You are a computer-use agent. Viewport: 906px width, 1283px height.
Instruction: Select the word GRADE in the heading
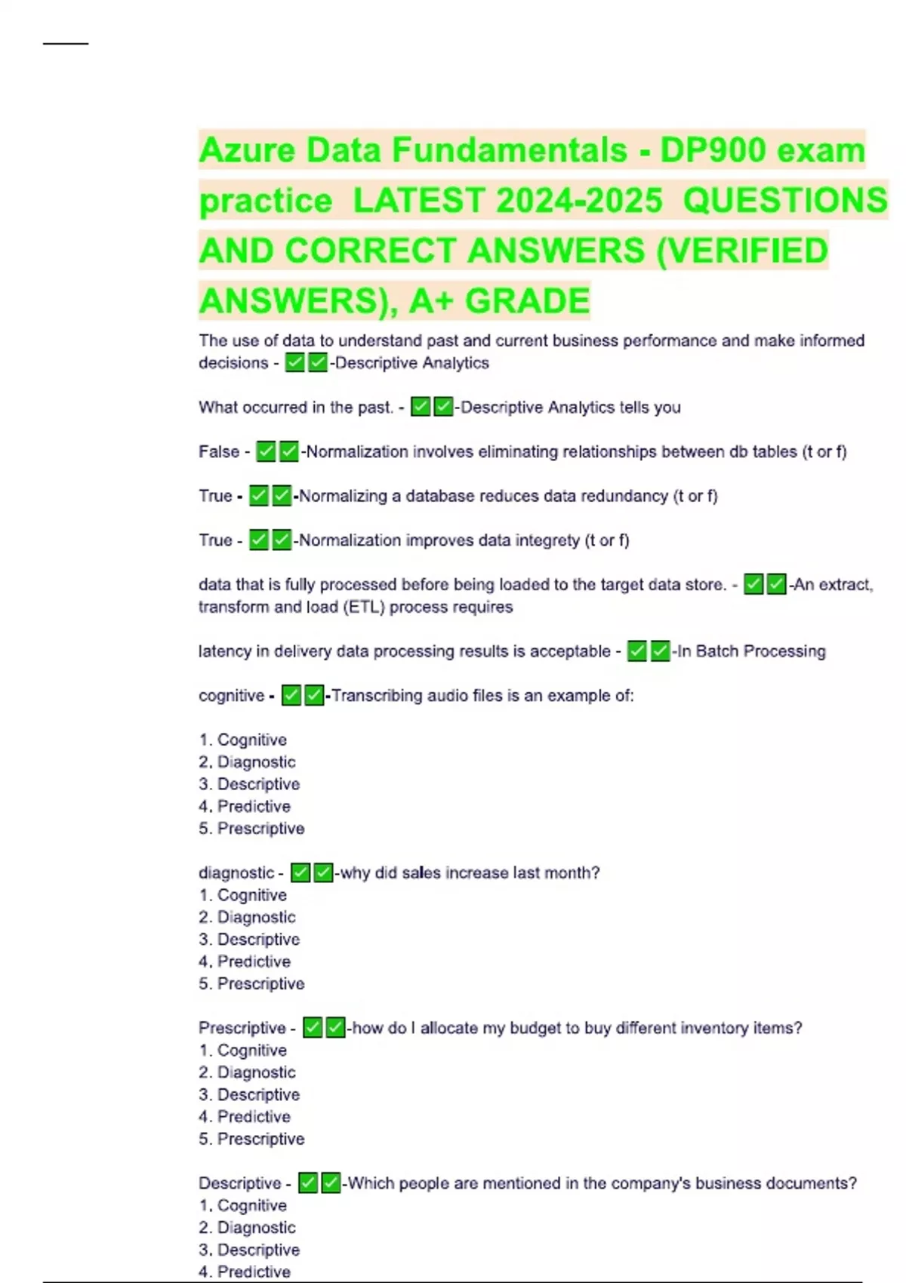tap(527, 301)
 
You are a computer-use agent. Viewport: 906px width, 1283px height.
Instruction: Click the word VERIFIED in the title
tap(742, 251)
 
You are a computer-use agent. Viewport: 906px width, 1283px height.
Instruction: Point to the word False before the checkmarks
tap(219, 451)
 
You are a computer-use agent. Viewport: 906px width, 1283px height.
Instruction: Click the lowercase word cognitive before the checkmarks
tap(231, 695)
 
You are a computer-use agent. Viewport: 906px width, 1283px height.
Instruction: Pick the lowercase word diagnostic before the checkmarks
tap(236, 872)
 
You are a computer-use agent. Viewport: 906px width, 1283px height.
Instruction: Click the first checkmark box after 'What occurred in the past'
tap(421, 408)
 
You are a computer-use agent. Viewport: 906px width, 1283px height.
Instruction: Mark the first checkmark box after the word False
tap(266, 451)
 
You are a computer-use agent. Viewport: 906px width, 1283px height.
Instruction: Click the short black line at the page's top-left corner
tap(66, 44)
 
